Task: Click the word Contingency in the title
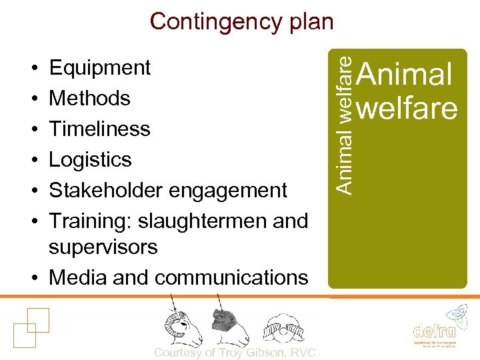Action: [207, 21]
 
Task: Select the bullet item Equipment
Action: [100, 67]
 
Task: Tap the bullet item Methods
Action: [89, 98]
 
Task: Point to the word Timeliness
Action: [99, 128]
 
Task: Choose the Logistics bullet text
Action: [91, 159]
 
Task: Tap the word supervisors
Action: [103, 247]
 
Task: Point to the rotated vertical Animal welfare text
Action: [343, 124]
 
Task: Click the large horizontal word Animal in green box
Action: [405, 75]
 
